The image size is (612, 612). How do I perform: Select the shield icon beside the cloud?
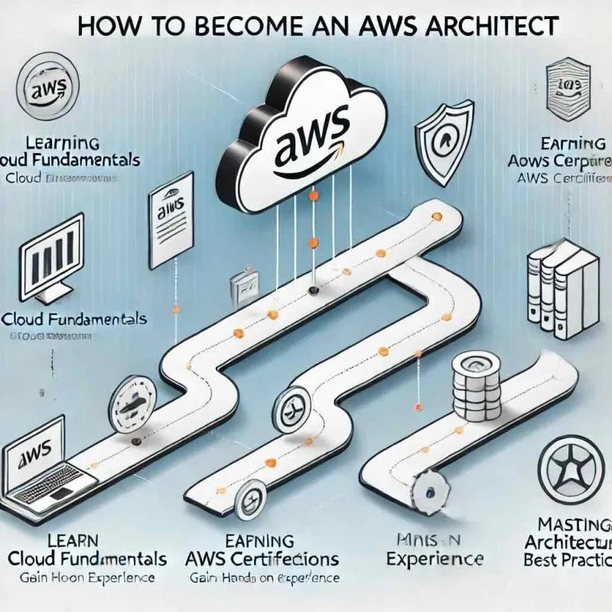coord(444,138)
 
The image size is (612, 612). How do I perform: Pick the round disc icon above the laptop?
coord(132,402)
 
